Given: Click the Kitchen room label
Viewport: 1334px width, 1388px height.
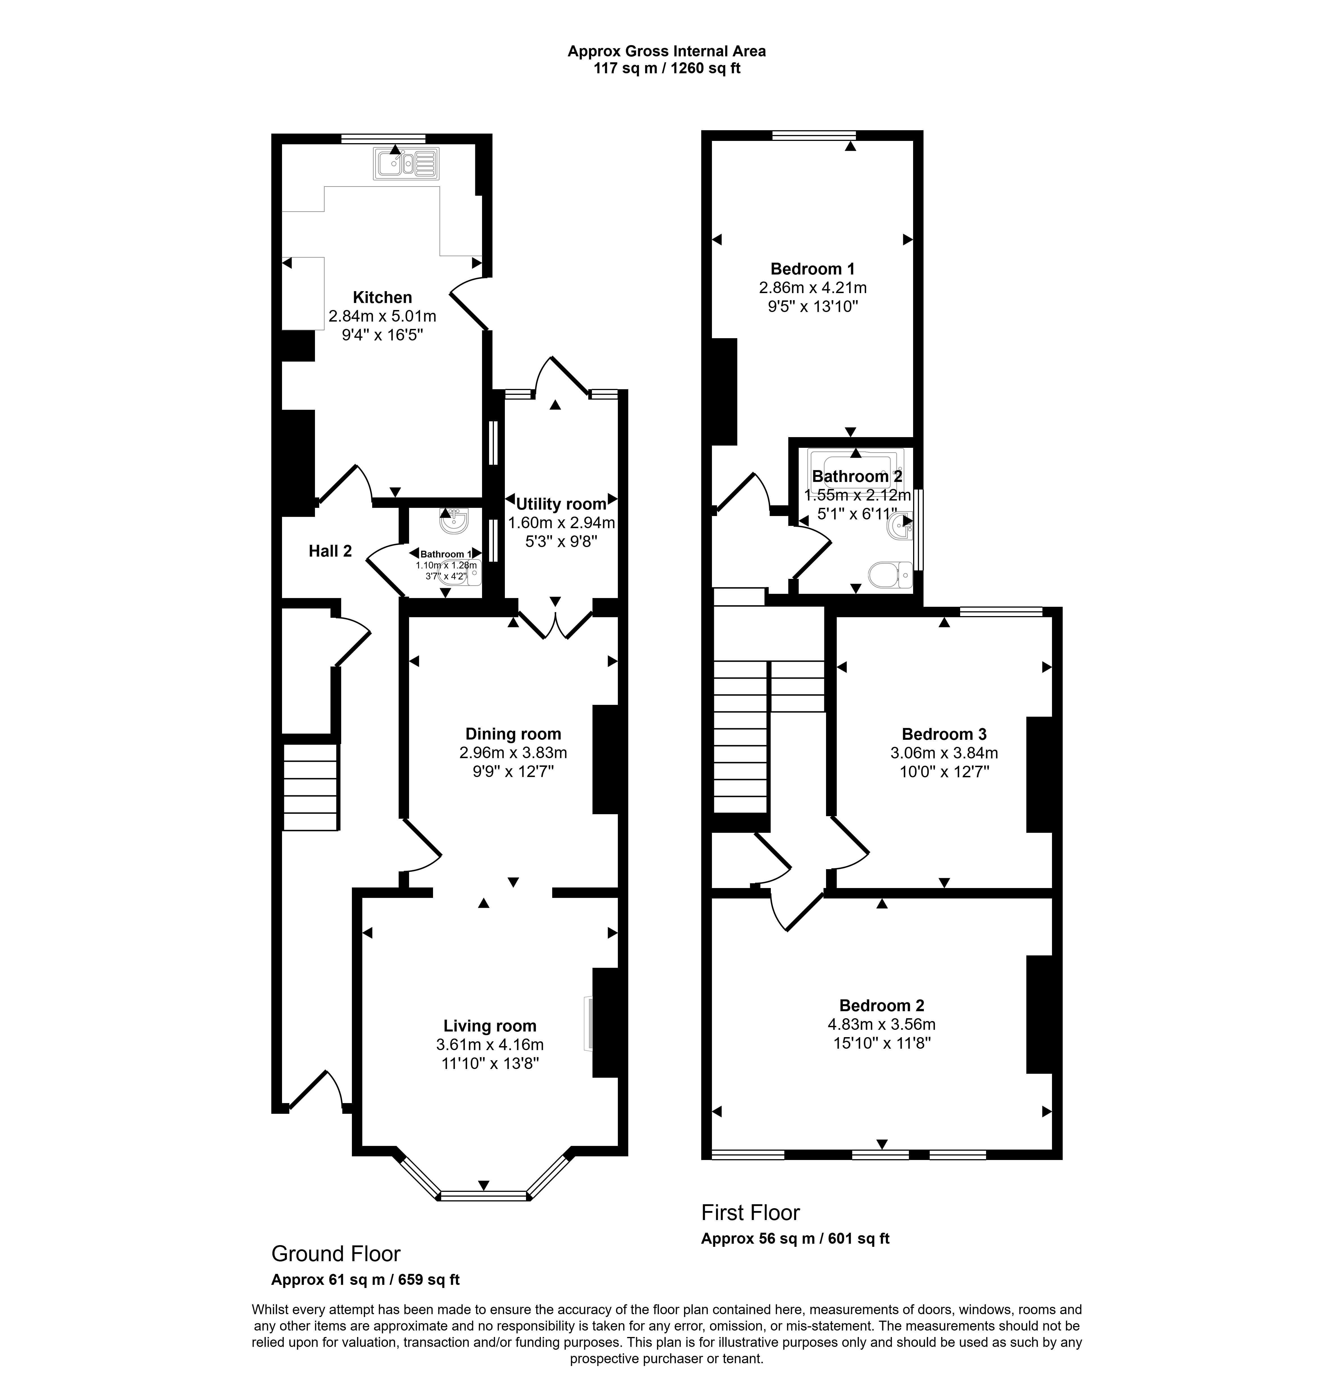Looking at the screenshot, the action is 382,297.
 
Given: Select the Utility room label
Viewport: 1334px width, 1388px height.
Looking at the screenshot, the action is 561,504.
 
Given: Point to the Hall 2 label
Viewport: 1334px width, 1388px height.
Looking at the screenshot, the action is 330,551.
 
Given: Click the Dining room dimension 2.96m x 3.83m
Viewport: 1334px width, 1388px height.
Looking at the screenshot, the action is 513,753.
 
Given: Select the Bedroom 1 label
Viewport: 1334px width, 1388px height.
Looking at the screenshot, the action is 812,269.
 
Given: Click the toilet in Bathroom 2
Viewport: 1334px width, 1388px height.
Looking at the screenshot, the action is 890,575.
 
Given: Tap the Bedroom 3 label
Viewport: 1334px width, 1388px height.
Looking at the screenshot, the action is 944,734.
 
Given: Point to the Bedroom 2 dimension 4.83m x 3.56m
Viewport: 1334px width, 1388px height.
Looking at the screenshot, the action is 882,1024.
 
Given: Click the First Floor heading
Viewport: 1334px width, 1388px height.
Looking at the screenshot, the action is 751,1213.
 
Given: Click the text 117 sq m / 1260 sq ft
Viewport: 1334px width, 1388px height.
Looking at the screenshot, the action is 667,69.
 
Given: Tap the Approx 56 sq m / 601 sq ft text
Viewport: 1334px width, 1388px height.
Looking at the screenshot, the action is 795,1239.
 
